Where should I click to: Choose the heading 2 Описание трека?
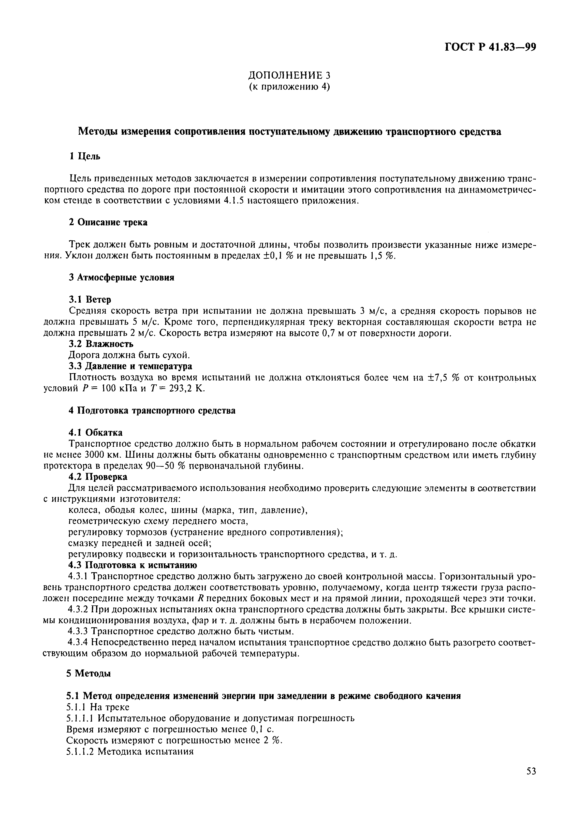108,222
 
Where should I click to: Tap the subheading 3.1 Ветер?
90,299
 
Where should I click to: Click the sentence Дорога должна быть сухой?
129,355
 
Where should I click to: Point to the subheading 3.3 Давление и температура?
130,366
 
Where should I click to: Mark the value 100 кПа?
118,389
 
